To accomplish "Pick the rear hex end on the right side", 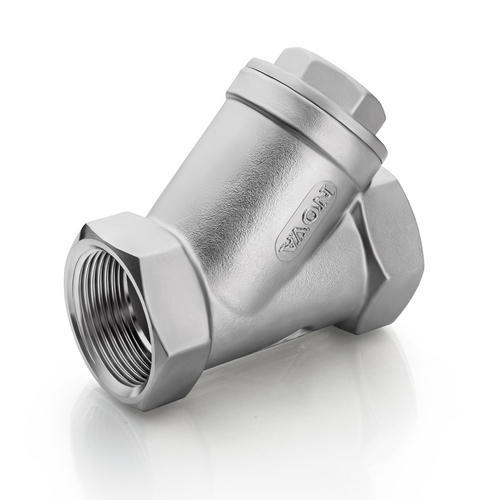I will tap(390, 250).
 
